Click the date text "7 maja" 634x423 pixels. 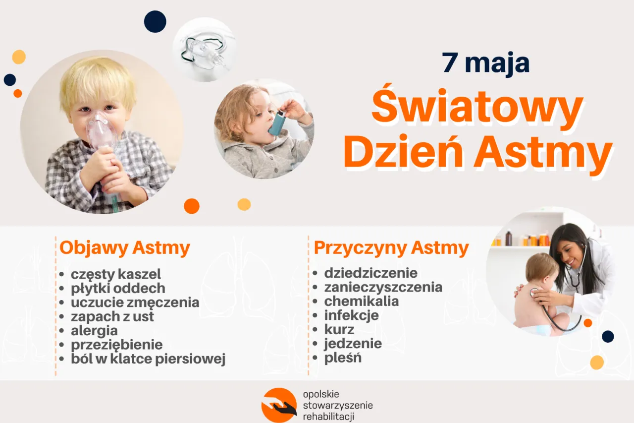pos(486,63)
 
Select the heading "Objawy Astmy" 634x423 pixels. pos(125,247)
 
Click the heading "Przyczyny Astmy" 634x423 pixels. pos(391,247)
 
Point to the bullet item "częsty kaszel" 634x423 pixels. pos(116,274)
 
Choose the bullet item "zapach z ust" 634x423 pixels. pos(112,316)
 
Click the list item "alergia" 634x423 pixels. pos(94,330)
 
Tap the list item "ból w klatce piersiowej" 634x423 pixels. pos(148,359)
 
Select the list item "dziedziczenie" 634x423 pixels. pos(370,273)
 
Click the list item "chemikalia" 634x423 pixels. pos(361,301)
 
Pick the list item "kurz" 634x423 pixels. pos(339,329)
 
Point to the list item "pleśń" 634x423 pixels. pos(343,358)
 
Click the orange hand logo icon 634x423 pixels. pos(279,405)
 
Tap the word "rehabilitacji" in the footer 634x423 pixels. pos(328,417)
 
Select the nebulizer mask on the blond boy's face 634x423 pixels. pos(102,131)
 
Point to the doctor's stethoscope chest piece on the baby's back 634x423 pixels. pos(533,292)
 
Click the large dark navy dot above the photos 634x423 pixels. pos(155,21)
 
